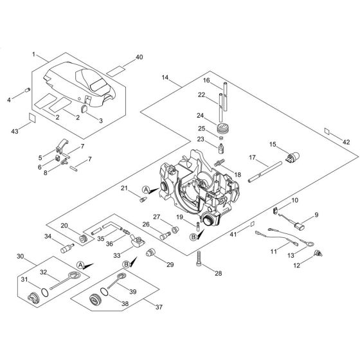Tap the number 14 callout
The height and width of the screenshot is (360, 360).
[165, 78]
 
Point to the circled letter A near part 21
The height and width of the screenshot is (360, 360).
[146, 189]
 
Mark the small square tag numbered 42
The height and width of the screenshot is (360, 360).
[328, 132]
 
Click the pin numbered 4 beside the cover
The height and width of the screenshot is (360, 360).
[28, 90]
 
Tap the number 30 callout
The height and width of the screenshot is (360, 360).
[21, 258]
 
